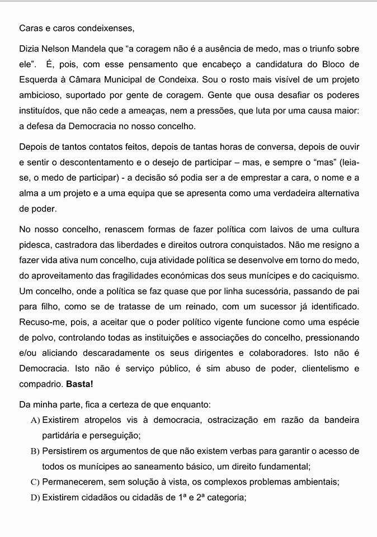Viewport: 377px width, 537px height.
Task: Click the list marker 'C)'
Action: [36, 482]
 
